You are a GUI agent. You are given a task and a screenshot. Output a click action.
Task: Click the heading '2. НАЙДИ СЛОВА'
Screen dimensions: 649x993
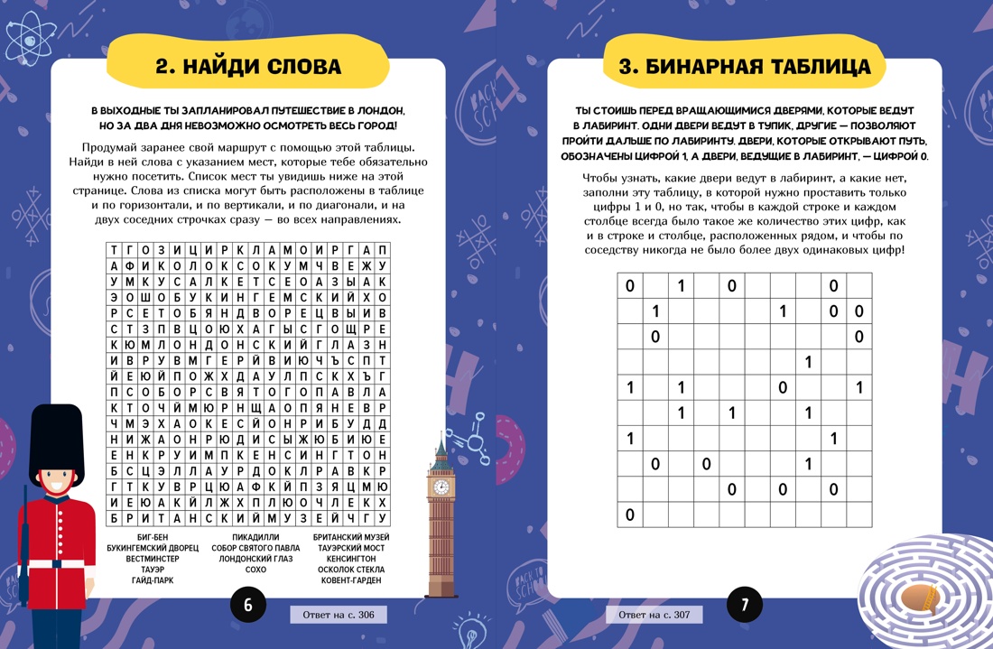click(x=248, y=67)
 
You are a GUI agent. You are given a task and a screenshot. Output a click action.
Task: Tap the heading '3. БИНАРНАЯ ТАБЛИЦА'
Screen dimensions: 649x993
click(x=745, y=67)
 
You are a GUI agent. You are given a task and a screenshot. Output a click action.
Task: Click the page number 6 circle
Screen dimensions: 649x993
click(x=248, y=605)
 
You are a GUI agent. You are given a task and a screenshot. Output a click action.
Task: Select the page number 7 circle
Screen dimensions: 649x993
click(x=745, y=605)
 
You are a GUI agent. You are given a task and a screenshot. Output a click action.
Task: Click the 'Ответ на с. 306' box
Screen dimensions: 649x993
click(x=338, y=615)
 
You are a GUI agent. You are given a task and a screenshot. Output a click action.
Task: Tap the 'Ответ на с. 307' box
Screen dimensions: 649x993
click(x=654, y=615)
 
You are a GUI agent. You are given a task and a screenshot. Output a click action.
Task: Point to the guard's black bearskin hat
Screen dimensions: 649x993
click(x=56, y=442)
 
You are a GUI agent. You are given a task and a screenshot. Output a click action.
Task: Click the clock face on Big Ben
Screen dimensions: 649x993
click(x=441, y=487)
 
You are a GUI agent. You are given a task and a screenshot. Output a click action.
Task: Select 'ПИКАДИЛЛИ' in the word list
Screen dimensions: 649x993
click(x=255, y=537)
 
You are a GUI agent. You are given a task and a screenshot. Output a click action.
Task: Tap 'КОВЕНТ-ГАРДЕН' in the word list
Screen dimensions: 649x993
click(x=351, y=580)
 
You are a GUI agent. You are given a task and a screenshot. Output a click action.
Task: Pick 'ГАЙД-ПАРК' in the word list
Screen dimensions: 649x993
click(x=153, y=580)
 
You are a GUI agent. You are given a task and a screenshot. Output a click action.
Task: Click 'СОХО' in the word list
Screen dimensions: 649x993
click(x=255, y=570)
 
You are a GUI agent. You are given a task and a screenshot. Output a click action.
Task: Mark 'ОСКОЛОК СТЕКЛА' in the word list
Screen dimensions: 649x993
click(x=351, y=570)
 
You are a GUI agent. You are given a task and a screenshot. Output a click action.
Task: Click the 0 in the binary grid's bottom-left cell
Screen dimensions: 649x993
click(x=630, y=515)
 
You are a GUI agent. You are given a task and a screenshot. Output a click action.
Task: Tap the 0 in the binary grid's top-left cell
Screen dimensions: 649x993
click(x=630, y=287)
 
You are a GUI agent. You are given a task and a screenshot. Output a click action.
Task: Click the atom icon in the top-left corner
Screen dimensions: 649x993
click(x=24, y=33)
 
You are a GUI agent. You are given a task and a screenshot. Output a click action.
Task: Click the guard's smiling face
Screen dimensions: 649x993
click(x=56, y=483)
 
